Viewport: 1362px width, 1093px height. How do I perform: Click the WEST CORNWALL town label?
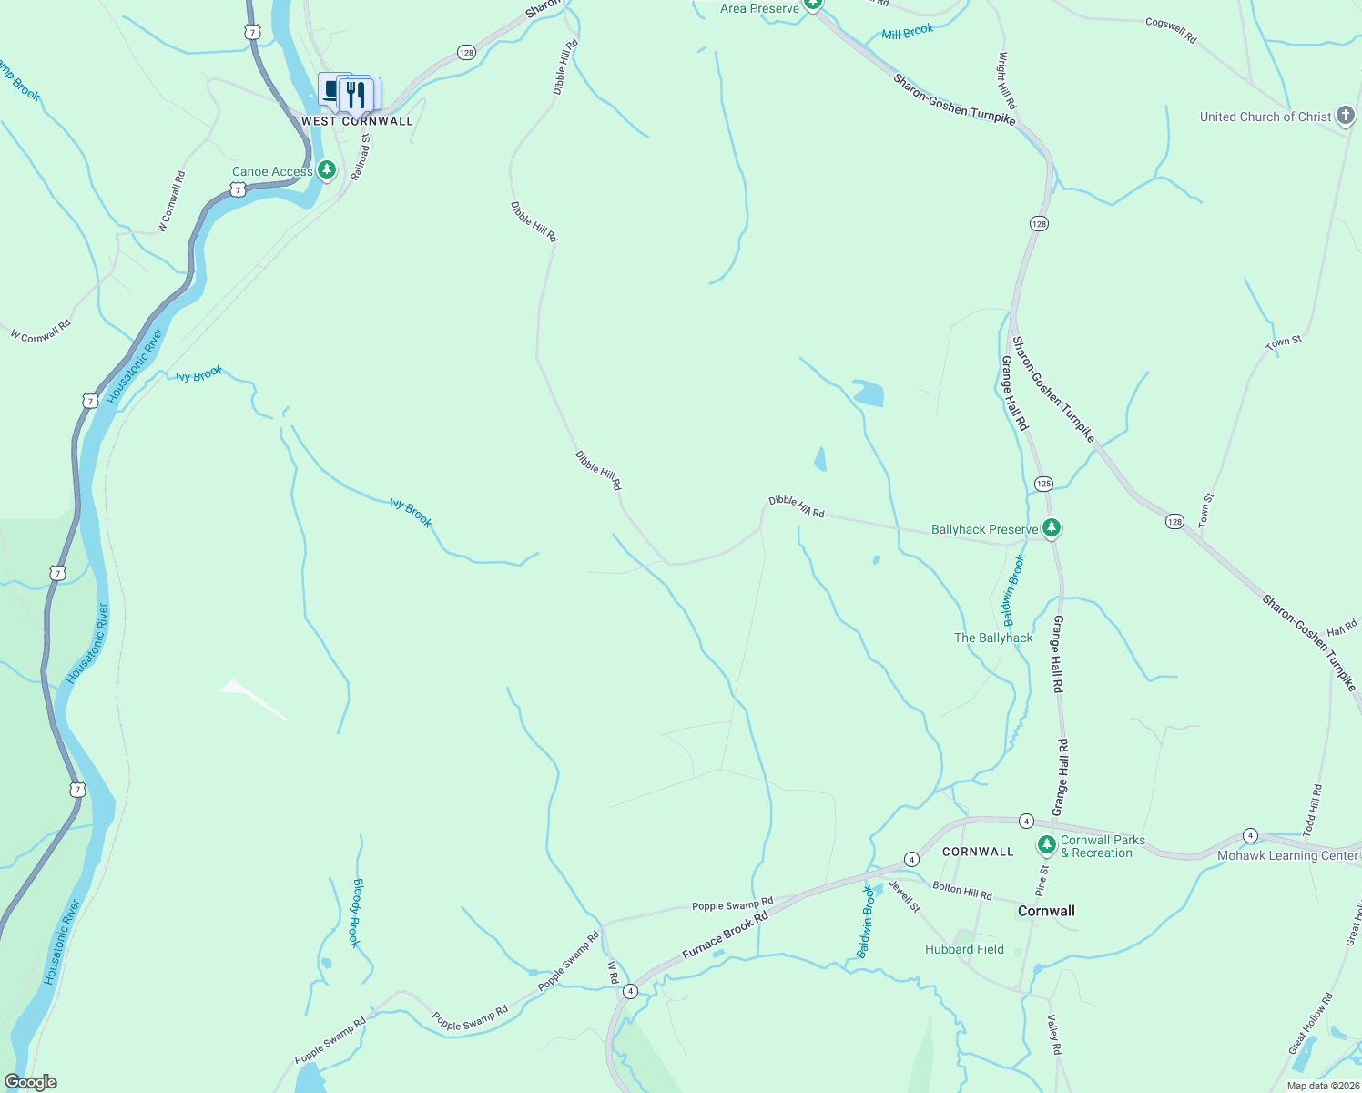pos(357,121)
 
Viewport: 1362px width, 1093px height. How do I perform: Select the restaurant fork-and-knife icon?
pos(356,93)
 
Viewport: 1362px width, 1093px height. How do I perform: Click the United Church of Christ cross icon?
pos(1346,117)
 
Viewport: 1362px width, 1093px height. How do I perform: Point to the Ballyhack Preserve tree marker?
pos(1052,528)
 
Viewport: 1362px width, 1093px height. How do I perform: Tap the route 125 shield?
pos(1043,484)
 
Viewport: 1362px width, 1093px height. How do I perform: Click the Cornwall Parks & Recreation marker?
pos(1047,846)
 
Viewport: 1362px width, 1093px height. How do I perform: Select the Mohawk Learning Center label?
pos(1287,855)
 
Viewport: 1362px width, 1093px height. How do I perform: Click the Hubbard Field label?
pos(964,949)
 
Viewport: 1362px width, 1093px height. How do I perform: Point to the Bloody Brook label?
pos(357,913)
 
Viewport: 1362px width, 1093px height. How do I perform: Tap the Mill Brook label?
pos(908,32)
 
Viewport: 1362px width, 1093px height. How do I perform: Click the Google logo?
pos(30,1082)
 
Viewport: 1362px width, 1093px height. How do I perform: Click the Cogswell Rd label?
pos(1171,30)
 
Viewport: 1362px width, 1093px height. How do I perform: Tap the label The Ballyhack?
pos(993,638)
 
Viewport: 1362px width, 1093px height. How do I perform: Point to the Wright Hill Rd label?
pos(1006,80)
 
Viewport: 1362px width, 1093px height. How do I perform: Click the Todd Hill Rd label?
pos(1313,811)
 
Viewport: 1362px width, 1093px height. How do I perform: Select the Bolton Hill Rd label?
pos(962,891)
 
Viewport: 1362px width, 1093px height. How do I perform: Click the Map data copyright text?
pos(1322,1086)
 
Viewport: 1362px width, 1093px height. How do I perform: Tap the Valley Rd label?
pos(1054,1035)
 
